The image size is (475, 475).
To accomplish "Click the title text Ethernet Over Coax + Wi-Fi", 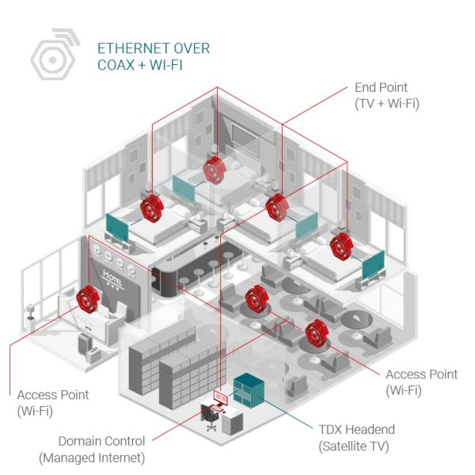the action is [x=154, y=57].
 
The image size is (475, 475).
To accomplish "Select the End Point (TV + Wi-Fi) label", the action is [x=387, y=96].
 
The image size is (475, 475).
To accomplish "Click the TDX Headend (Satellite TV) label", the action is [x=356, y=438].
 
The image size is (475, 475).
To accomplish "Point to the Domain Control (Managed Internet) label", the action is [x=92, y=450].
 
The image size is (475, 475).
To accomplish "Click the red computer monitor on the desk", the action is [x=221, y=397].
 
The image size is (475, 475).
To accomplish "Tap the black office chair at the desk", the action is [x=210, y=417].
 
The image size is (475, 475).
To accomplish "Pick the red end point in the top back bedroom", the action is [x=215, y=170].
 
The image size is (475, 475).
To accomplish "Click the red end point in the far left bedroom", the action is [x=152, y=207].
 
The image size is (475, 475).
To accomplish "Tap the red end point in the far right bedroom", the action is [x=341, y=245].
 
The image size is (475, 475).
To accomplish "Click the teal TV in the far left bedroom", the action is [x=117, y=227].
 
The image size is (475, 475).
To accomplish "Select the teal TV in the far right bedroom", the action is [x=373, y=264].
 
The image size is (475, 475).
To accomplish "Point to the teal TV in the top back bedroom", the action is [x=184, y=188].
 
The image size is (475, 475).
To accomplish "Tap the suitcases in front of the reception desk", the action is [x=89, y=348].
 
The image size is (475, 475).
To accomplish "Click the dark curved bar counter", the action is [x=194, y=271].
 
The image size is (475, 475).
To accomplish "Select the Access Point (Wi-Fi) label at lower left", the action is [x=53, y=403].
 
